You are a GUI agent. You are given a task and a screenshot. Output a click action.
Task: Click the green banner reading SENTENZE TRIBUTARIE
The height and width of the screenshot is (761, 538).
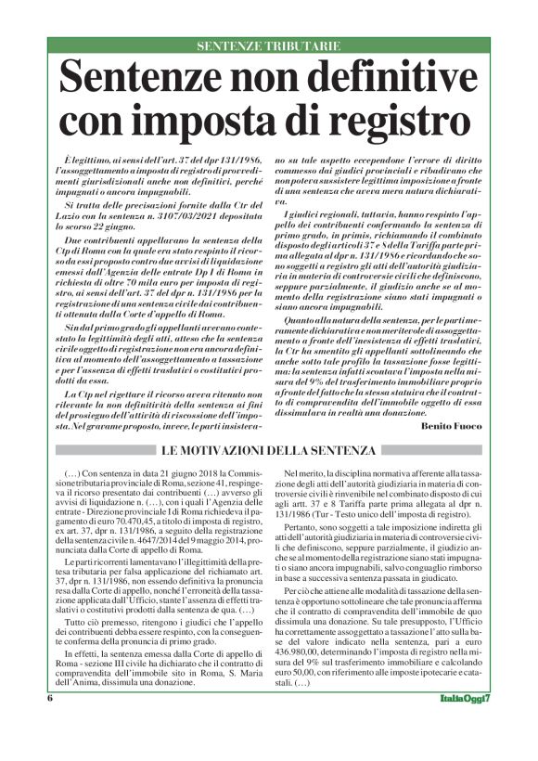pos(268,45)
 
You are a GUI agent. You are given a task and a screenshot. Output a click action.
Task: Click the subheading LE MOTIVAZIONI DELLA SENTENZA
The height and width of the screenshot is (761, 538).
pos(269,450)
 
